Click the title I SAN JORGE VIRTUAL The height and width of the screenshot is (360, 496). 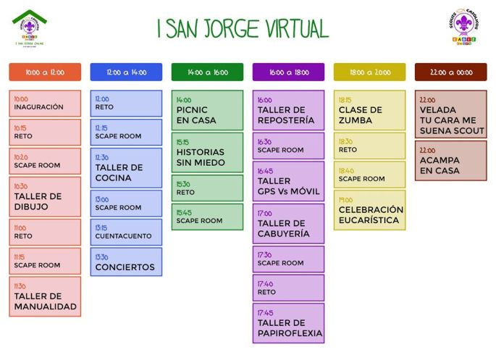[243, 28]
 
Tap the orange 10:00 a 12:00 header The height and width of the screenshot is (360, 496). [45, 72]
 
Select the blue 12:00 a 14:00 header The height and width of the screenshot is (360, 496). [126, 72]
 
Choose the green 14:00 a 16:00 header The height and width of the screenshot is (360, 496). [207, 72]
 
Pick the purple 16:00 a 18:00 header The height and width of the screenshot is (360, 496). [288, 72]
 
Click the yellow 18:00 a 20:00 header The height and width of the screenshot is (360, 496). [369, 72]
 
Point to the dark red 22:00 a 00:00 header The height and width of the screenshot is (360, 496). [450, 72]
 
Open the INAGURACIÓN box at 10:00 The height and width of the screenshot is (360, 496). [45, 103]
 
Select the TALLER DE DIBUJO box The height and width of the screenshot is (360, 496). [45, 196]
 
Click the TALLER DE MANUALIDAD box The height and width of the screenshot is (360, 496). [45, 296]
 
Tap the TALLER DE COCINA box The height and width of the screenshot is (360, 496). [126, 168]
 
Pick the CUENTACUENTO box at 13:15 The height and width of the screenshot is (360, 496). [126, 232]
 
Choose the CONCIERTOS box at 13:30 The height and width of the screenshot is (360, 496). [126, 262]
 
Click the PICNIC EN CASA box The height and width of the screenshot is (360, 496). [207, 110]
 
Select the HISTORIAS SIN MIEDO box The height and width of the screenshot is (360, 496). [207, 152]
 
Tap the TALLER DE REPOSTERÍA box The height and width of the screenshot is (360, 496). [288, 110]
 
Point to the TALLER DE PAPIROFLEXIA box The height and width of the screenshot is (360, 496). [288, 323]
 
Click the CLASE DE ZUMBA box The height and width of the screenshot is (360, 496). [369, 110]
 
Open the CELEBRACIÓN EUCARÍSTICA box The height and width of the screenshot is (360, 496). [369, 210]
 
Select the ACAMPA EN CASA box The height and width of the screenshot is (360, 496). [450, 161]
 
